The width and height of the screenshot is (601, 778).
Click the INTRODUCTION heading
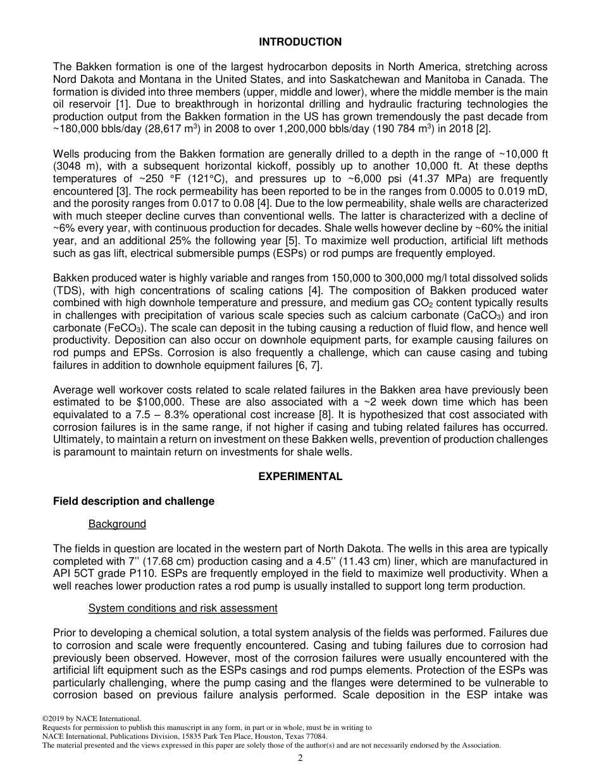coord(300,42)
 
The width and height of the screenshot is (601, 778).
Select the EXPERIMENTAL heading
coord(300,477)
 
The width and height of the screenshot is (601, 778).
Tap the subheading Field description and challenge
coord(133,501)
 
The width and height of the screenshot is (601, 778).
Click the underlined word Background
coord(117,524)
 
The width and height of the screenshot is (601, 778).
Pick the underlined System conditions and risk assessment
coord(182,608)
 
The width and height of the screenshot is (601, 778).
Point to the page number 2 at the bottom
coord(300,758)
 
